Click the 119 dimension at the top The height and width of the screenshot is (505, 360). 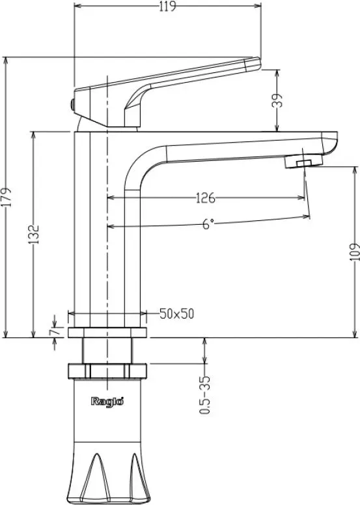click(x=167, y=6)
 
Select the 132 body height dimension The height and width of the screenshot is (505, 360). click(x=33, y=235)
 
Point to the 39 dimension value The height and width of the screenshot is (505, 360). click(x=278, y=100)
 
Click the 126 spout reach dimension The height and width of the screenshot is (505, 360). click(x=206, y=198)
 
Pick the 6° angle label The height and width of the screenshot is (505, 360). click(x=208, y=224)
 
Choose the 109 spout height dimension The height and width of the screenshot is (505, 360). click(x=354, y=252)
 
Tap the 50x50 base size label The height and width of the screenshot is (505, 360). click(x=177, y=313)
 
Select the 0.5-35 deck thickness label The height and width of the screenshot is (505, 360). click(x=205, y=394)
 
